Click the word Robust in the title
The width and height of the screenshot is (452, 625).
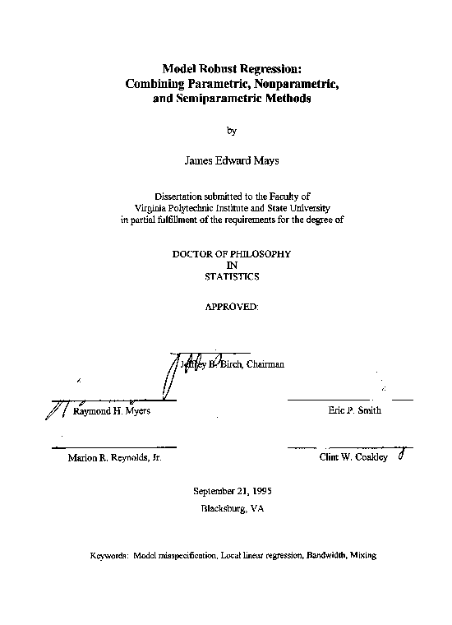coord(213,70)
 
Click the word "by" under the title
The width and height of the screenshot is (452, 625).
coord(231,130)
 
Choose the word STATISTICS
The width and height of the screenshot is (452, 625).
coord(231,277)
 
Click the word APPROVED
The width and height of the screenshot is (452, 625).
coord(231,306)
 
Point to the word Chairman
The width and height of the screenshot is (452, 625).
coord(265,364)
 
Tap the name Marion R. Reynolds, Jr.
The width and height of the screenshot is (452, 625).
coord(114,458)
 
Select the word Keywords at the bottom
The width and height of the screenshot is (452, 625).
coord(108,556)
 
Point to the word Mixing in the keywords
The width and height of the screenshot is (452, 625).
coord(362,556)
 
